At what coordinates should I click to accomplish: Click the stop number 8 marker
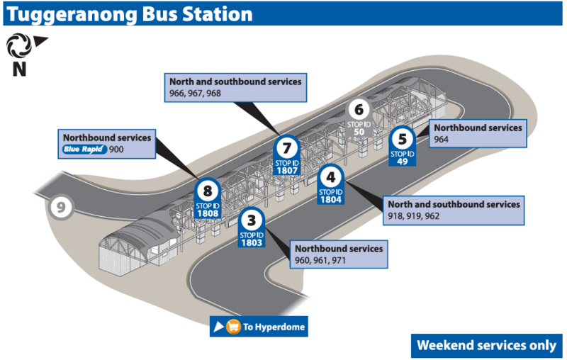coord(207,191)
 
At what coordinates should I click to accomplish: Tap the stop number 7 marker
coord(286,149)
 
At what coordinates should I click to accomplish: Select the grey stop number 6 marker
coord(359,110)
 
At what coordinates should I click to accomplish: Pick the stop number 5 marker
coord(403,140)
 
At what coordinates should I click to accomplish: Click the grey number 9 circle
coord(62,207)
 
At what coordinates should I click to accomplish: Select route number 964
coord(443,140)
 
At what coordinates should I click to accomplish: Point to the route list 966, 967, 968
coord(195,94)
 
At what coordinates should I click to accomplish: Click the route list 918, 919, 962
coord(414,216)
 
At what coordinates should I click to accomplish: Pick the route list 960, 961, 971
coord(320,261)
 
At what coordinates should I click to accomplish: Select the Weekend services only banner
coord(486,345)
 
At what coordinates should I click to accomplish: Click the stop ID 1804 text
coord(330,199)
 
